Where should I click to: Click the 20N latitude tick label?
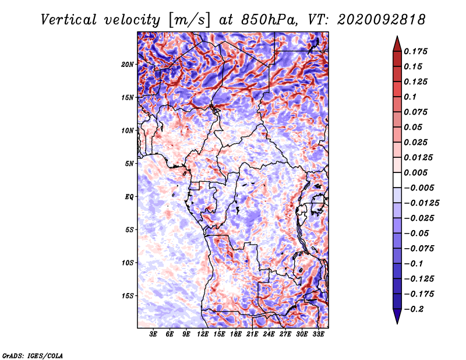tap(128, 65)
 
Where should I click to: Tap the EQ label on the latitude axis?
tap(129, 197)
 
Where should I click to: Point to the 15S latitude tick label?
tap(128, 296)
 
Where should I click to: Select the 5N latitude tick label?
tap(129, 164)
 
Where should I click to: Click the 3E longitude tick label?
tap(153, 334)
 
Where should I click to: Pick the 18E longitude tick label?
tap(236, 334)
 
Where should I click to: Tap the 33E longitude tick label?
tap(318, 334)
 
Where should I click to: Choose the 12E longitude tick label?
tap(203, 334)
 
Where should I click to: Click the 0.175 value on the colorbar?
tap(415, 51)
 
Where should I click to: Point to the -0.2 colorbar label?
tap(414, 309)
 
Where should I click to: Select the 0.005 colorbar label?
tap(415, 172)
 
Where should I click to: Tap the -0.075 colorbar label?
tap(419, 249)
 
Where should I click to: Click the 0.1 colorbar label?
tap(410, 97)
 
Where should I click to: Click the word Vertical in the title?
tap(69, 20)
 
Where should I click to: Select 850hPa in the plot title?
tap(269, 20)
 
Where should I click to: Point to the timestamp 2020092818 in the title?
tap(382, 20)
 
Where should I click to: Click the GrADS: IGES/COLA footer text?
tap(33, 355)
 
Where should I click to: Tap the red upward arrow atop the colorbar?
tap(397, 44)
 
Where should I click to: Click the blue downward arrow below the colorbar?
tap(397, 316)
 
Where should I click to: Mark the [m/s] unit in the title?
tap(189, 20)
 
